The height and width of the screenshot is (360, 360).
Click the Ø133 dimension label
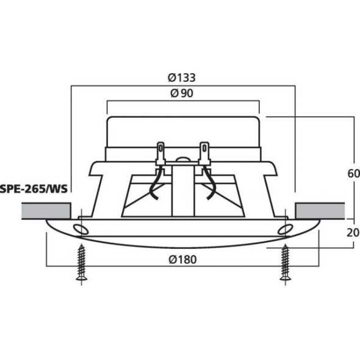click(x=182, y=78)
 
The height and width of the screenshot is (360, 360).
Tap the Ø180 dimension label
click(x=182, y=259)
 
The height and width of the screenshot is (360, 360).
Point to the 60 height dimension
click(x=353, y=173)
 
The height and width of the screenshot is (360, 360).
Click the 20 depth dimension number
click(x=353, y=232)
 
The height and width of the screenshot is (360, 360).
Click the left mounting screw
click(x=82, y=262)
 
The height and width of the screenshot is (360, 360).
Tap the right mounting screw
click(x=284, y=262)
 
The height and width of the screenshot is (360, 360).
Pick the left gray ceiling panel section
click(x=46, y=211)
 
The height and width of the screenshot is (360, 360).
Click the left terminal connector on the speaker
click(x=161, y=153)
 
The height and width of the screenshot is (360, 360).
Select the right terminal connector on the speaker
click(x=204, y=153)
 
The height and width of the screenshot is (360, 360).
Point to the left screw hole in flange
click(x=79, y=229)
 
